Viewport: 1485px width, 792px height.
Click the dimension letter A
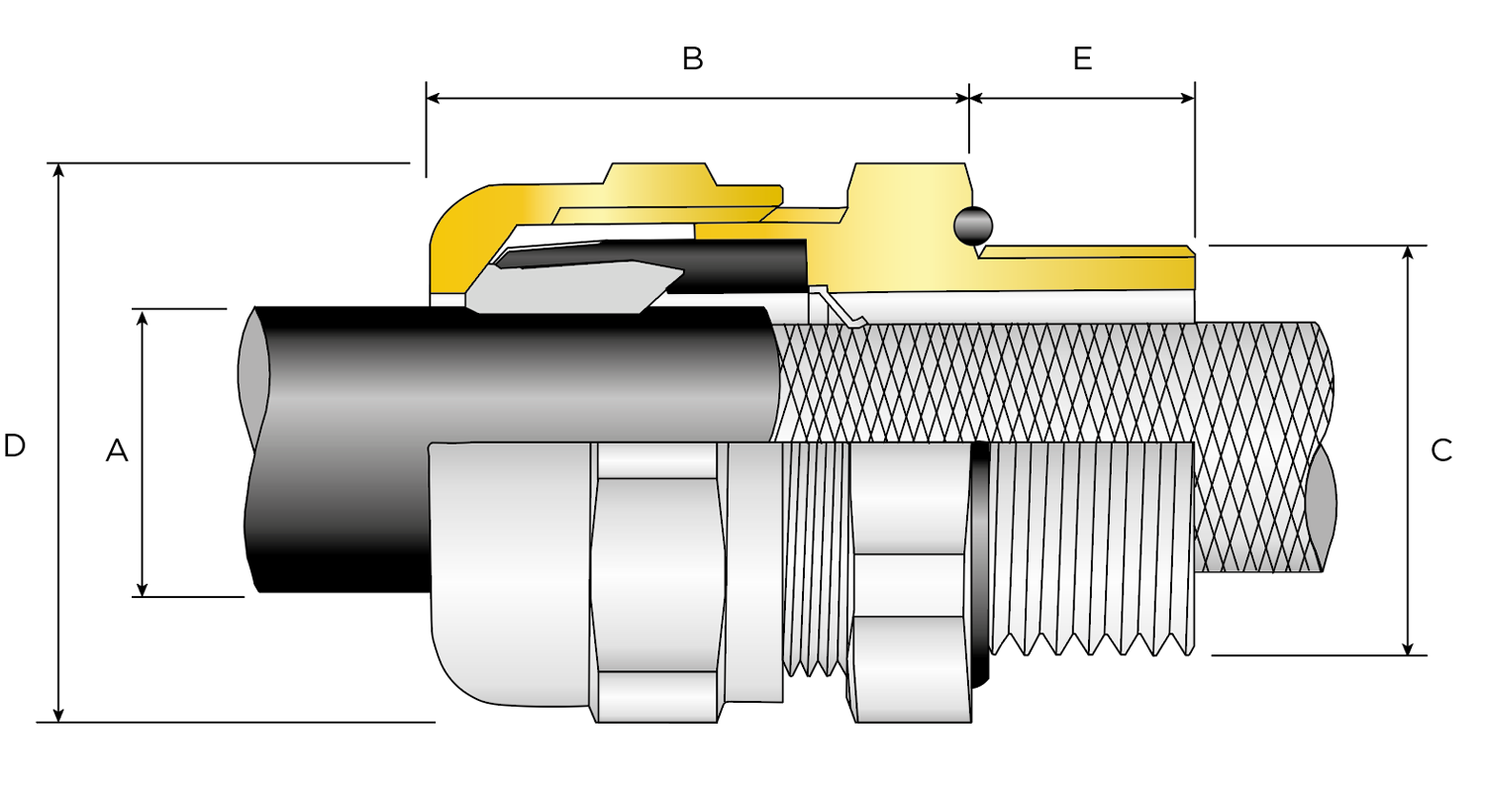(x=117, y=451)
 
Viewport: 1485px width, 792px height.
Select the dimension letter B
(x=693, y=58)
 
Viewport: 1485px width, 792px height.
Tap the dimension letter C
(x=1441, y=450)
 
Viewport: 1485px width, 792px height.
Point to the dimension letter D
(x=14, y=445)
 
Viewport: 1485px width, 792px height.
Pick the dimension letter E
(x=1082, y=58)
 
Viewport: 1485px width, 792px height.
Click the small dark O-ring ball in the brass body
(x=972, y=227)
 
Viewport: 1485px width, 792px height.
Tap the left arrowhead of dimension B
(x=434, y=99)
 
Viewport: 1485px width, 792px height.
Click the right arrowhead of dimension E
(x=1187, y=99)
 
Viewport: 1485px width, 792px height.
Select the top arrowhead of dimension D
(x=59, y=171)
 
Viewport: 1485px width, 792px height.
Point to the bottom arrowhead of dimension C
(x=1408, y=647)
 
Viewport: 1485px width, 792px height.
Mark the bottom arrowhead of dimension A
(x=143, y=589)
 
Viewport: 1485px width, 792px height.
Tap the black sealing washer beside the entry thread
(x=979, y=564)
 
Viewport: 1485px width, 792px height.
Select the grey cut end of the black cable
(x=254, y=376)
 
